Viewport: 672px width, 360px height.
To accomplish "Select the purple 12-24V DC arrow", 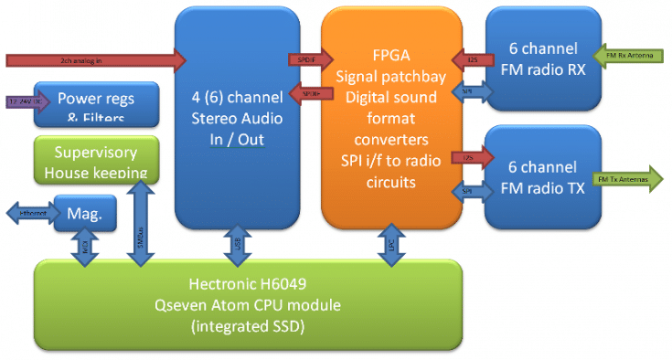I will [27, 102].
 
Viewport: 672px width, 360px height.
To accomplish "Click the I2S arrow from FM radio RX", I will [469, 60].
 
